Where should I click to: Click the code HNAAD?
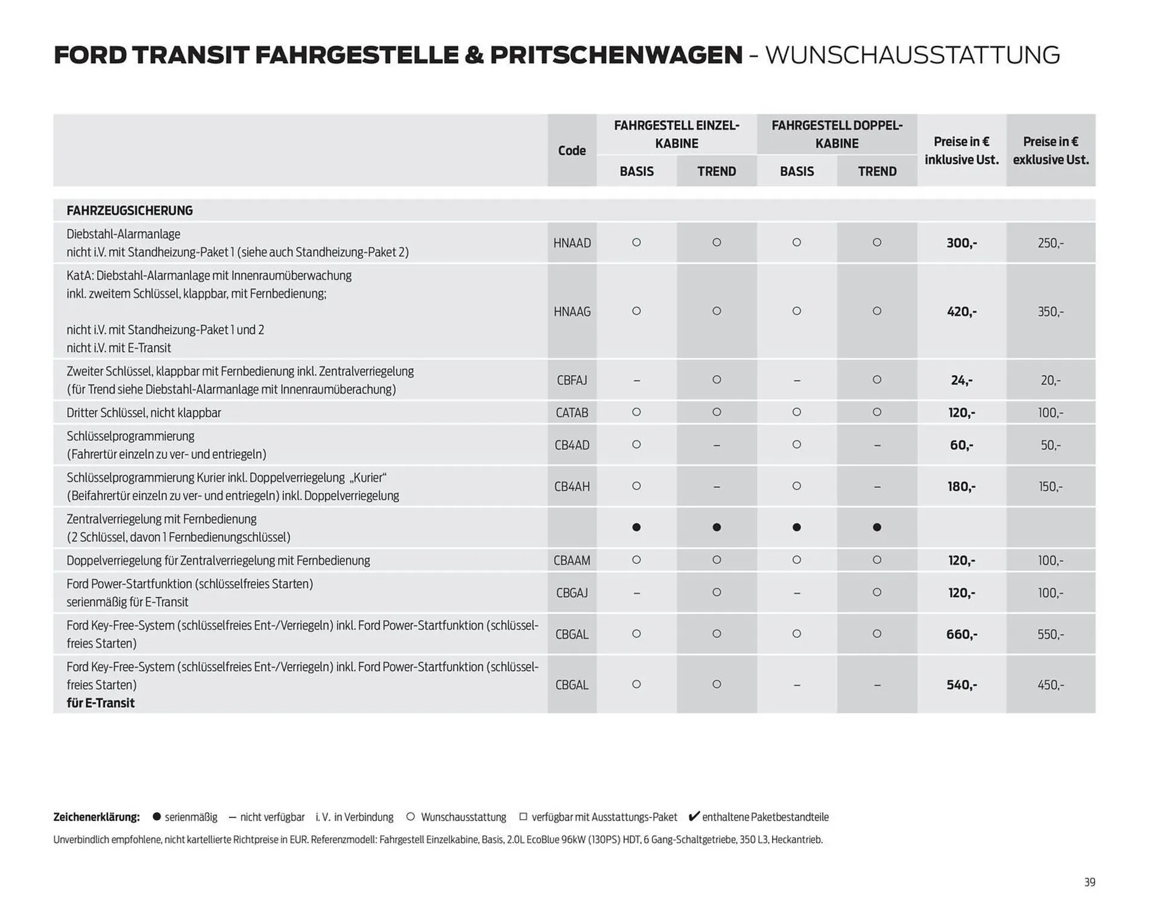pos(572,243)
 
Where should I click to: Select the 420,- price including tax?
pos(961,312)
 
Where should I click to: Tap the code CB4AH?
pos(572,487)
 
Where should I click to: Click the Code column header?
pos(572,151)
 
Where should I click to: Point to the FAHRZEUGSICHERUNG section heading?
pos(130,210)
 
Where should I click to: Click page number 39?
pos(1089,882)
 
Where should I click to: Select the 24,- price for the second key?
pos(961,381)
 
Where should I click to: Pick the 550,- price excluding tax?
pos(1051,634)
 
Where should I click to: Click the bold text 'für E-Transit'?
pos(101,703)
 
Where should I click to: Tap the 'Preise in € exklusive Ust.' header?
pos(1051,151)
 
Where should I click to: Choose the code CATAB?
pos(572,413)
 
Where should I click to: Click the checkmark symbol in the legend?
pos(694,817)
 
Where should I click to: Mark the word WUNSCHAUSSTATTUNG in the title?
pos(912,55)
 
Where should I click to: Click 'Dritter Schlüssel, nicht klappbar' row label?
pos(144,413)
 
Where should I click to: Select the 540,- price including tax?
pos(961,685)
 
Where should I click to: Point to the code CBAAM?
pos(572,561)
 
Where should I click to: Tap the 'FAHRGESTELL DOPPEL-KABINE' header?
pos(837,134)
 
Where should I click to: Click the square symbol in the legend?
pos(523,817)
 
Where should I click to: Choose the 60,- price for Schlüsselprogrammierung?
pos(961,446)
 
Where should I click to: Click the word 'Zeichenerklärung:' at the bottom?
pos(96,817)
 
